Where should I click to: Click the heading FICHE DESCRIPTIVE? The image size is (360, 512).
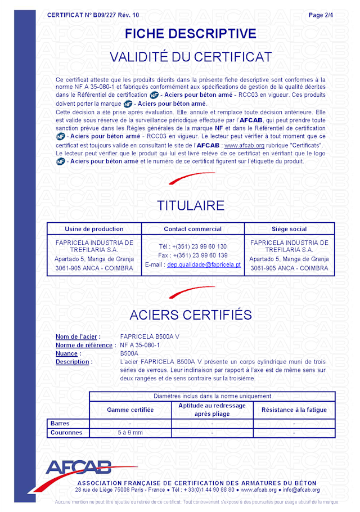(x=190, y=34)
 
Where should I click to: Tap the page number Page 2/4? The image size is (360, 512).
(x=321, y=15)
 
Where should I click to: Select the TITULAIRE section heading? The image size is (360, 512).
(x=191, y=205)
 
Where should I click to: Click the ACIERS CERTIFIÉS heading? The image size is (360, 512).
(x=191, y=314)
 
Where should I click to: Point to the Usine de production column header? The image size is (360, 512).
(x=94, y=229)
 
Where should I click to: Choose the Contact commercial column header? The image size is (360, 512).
(x=192, y=229)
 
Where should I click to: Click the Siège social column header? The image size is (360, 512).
(x=289, y=229)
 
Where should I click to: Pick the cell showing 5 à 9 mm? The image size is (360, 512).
(x=130, y=433)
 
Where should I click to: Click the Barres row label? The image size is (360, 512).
(x=60, y=423)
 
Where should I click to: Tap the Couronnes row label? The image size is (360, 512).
(x=66, y=433)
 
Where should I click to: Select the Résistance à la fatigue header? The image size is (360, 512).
(x=294, y=410)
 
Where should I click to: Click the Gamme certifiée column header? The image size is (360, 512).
(x=130, y=410)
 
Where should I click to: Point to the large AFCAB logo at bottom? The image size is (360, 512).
(x=78, y=468)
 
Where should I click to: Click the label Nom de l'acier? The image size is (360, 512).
(x=78, y=337)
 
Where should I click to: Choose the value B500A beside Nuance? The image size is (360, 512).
(x=129, y=353)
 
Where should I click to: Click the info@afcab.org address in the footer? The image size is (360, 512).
(x=301, y=489)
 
